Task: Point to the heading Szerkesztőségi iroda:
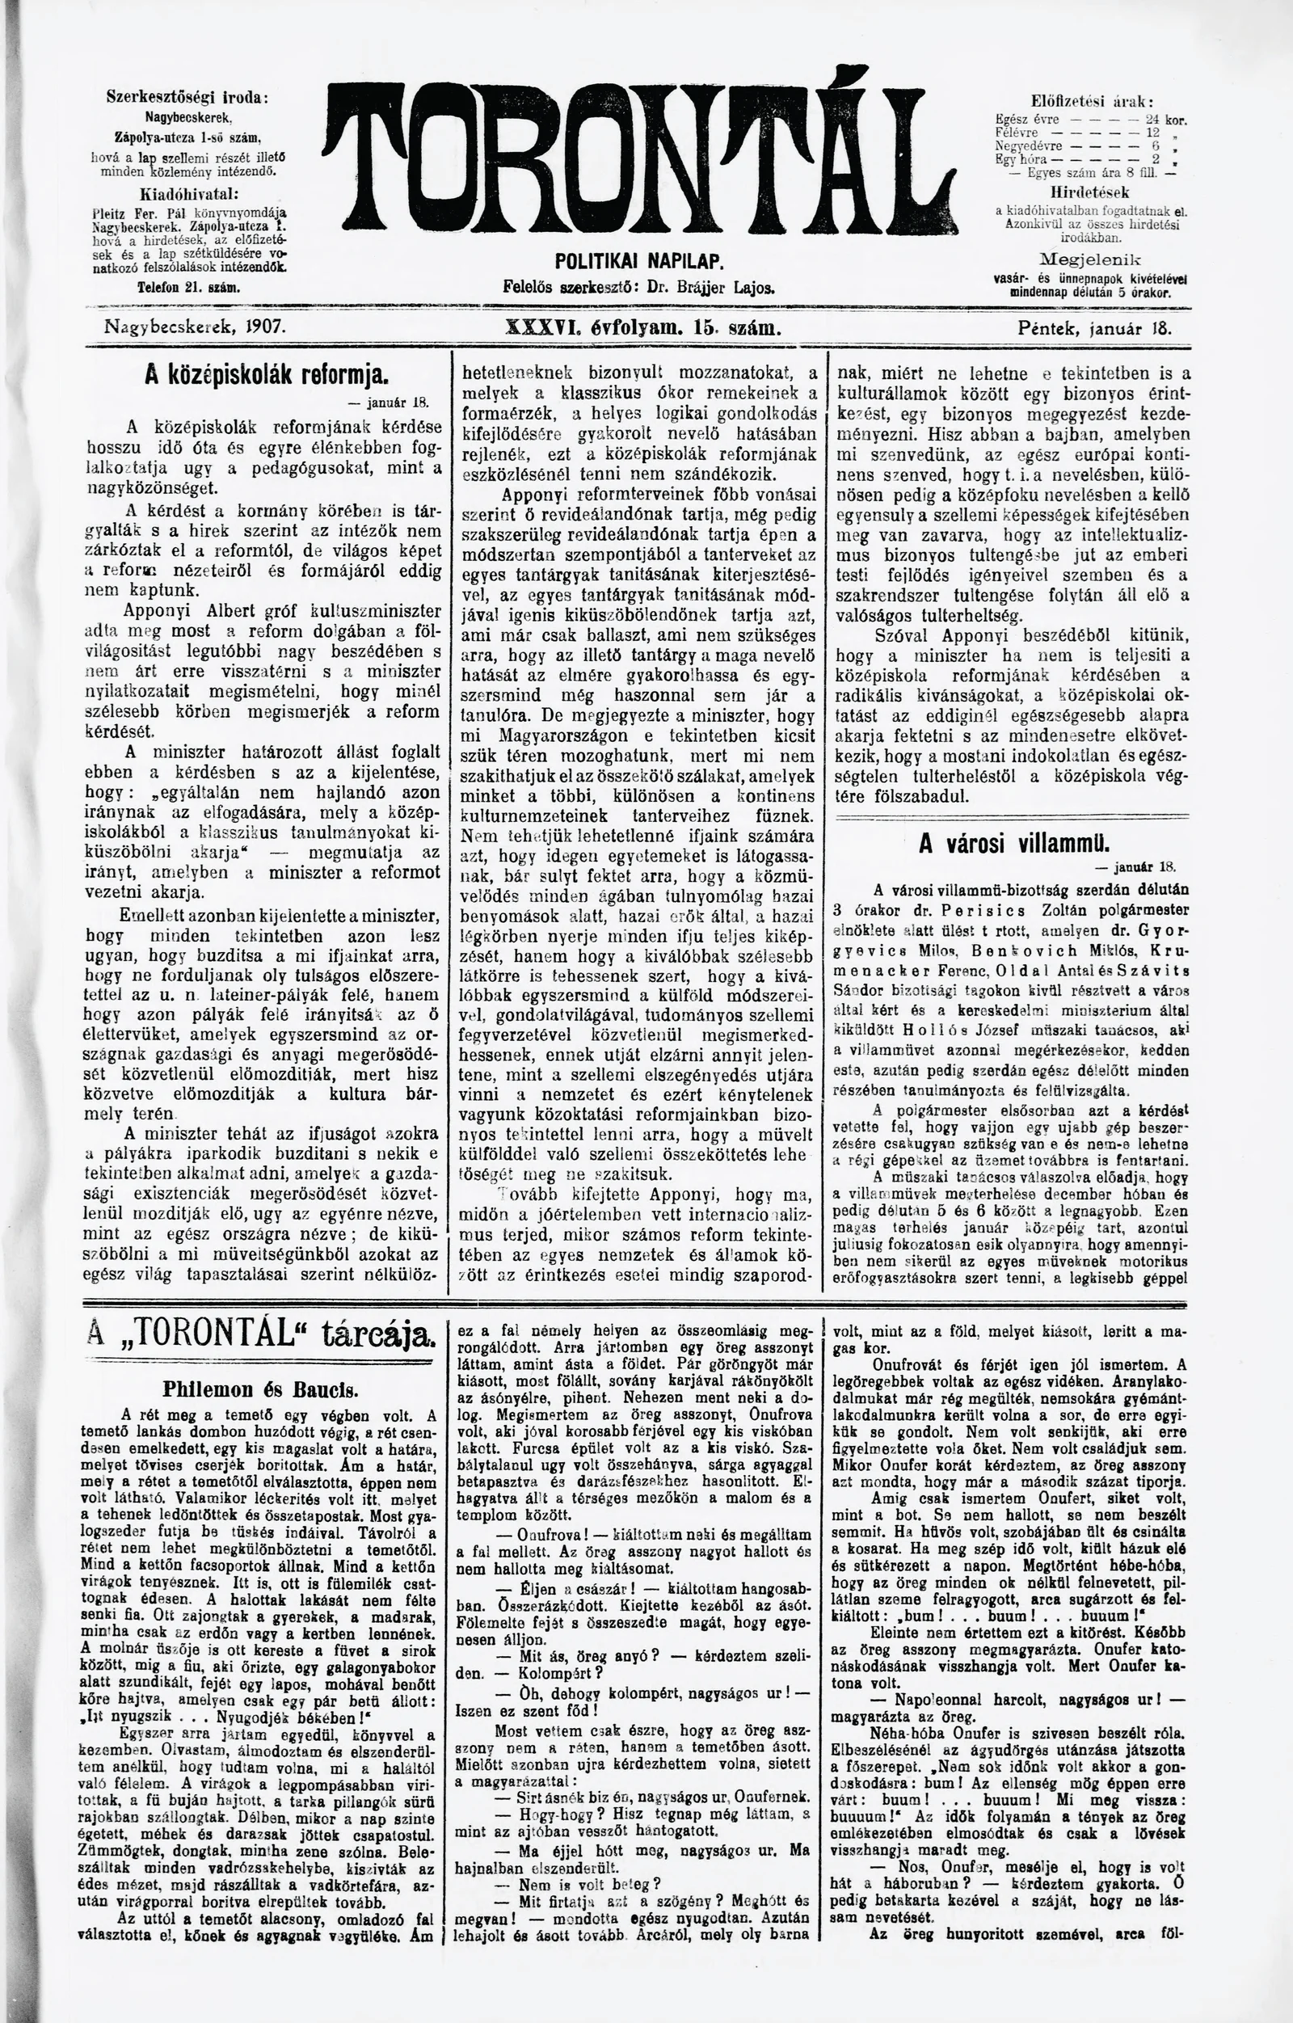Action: tap(187, 97)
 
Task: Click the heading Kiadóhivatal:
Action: tap(187, 191)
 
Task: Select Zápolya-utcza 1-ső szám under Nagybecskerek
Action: tap(187, 136)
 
